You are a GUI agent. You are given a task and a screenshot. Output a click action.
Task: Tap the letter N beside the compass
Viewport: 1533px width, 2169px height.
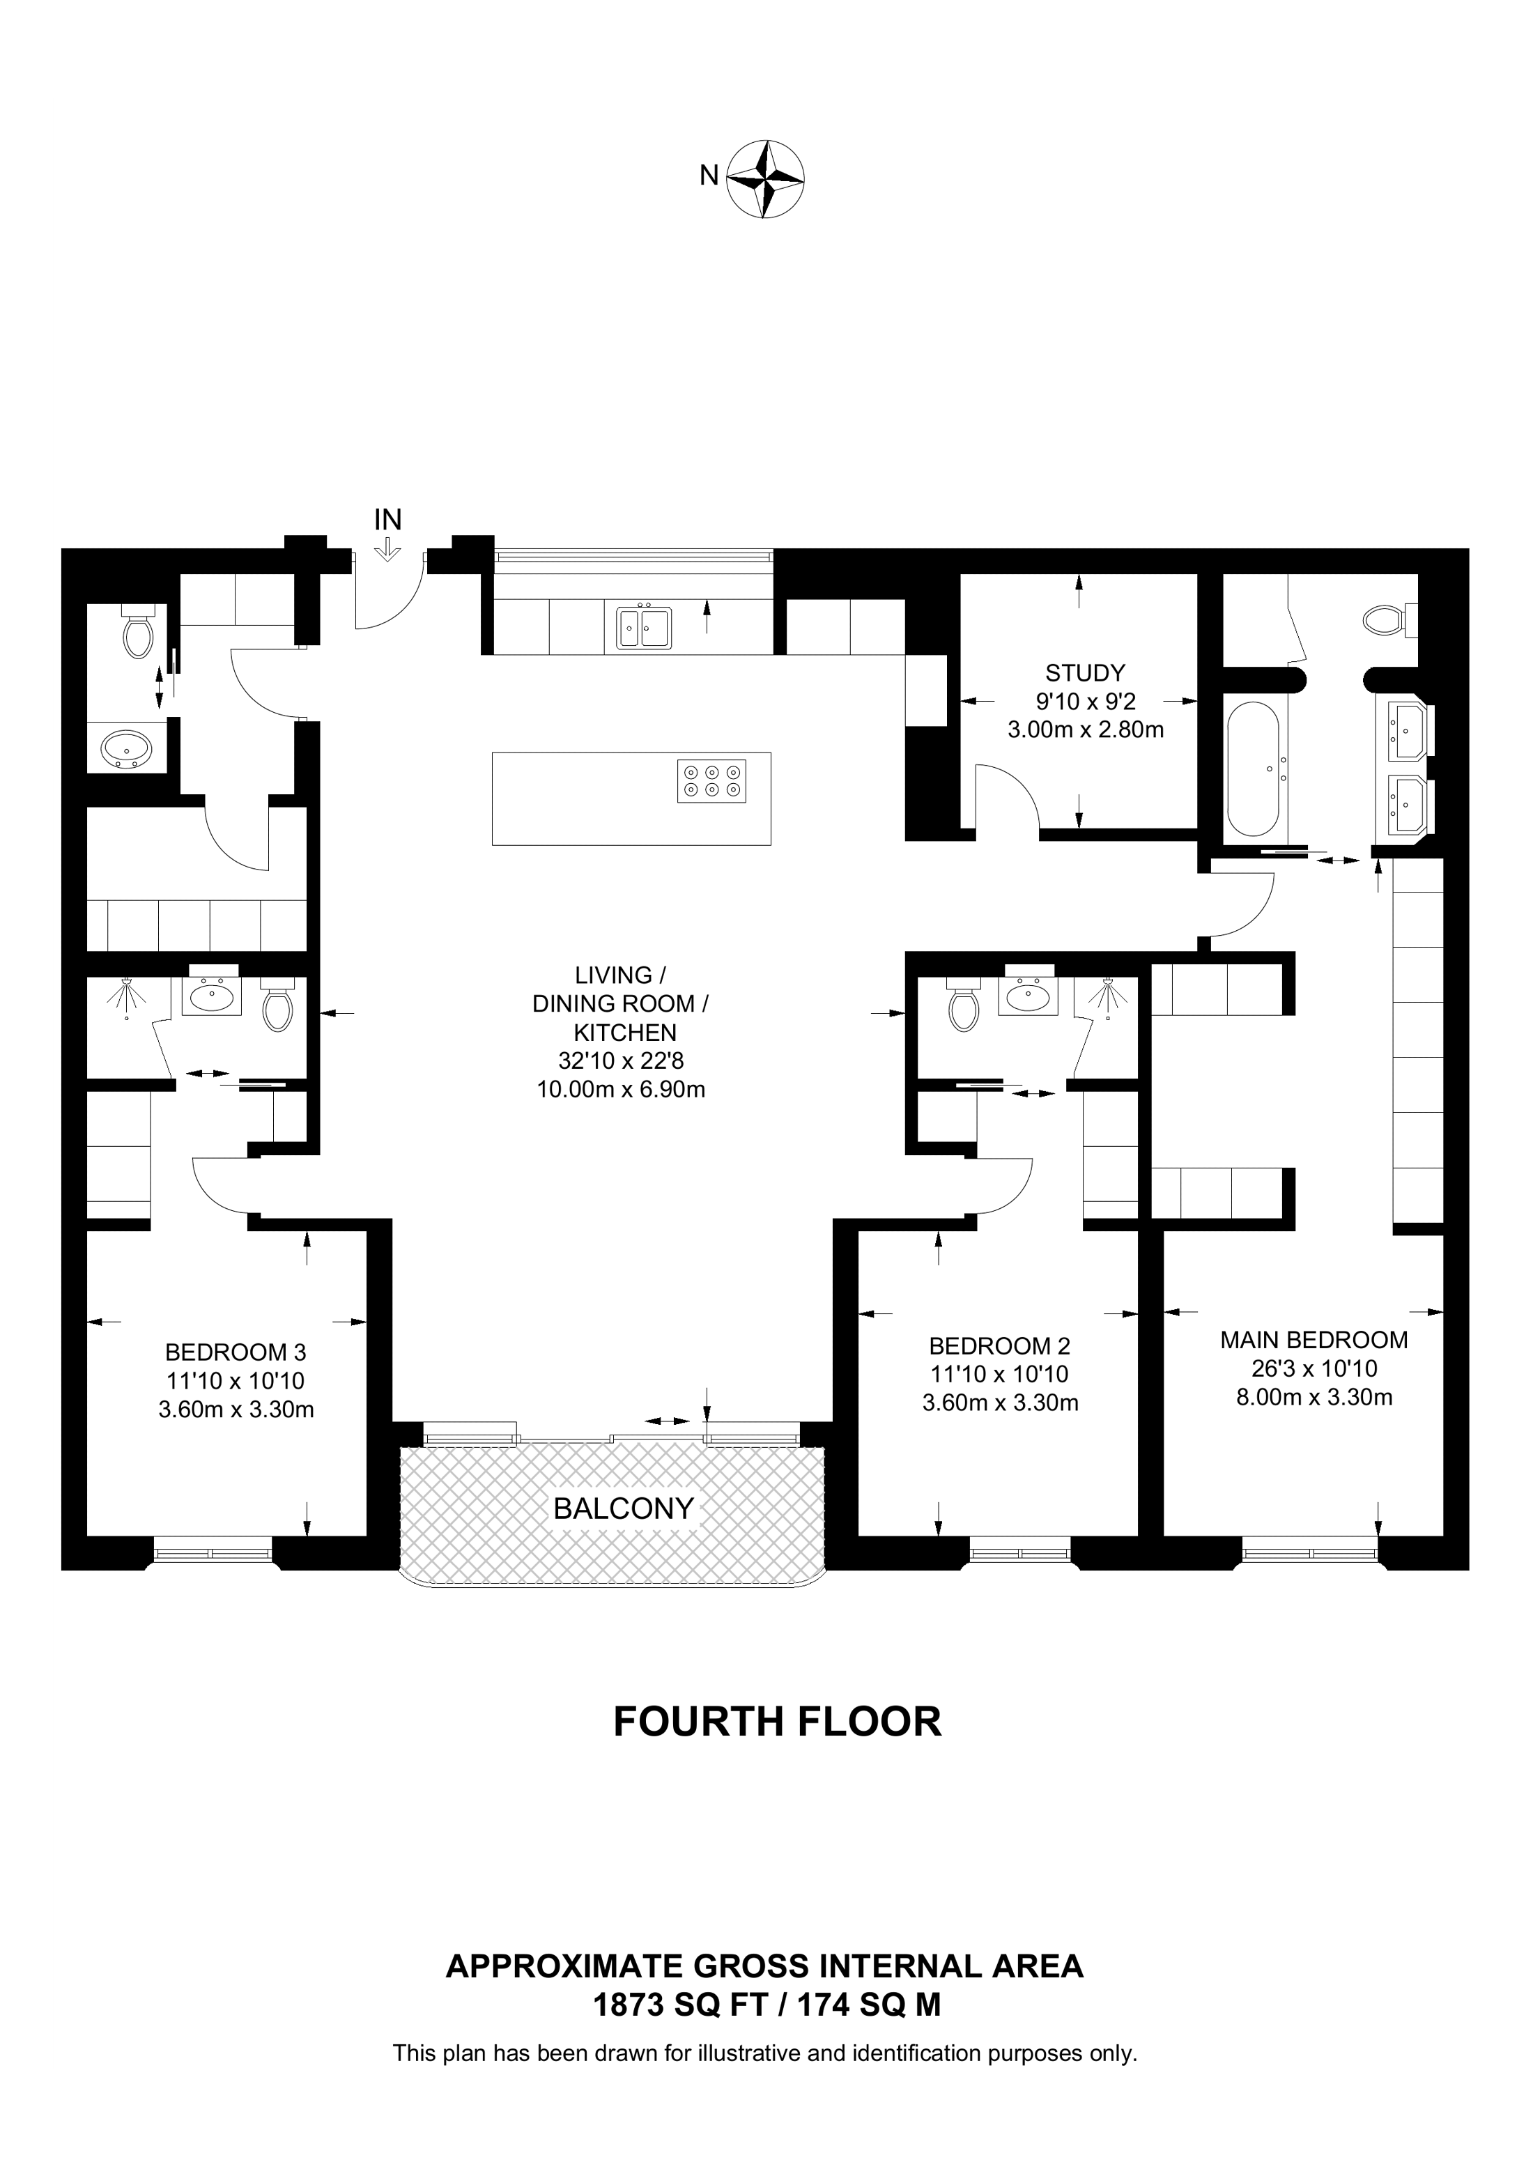pos(709,176)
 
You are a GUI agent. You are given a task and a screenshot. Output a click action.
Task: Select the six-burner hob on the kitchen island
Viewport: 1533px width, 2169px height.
pos(711,781)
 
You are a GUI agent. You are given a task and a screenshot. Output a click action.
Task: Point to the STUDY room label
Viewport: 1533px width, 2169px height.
pos(1085,672)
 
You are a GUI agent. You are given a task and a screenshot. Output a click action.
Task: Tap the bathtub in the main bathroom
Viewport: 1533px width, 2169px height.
pos(1254,770)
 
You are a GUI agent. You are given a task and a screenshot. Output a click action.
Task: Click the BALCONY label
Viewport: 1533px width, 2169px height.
pos(624,1508)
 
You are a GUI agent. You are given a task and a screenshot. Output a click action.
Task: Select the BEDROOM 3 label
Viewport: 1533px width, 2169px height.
pos(236,1352)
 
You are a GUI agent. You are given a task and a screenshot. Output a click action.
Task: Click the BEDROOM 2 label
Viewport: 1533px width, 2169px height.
pos(999,1345)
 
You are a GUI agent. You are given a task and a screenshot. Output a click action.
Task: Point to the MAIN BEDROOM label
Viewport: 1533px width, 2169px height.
pos(1314,1340)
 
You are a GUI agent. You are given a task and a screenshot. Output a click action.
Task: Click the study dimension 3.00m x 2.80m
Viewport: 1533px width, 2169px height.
pos(1085,730)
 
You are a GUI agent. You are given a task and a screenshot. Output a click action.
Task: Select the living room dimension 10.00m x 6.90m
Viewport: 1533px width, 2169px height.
pos(621,1089)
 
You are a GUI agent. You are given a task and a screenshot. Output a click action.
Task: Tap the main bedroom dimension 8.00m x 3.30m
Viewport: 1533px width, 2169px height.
pos(1314,1397)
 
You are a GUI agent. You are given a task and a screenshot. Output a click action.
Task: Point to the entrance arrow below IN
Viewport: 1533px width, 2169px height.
pos(388,550)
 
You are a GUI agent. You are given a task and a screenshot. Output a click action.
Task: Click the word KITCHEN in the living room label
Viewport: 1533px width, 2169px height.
pos(625,1033)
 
